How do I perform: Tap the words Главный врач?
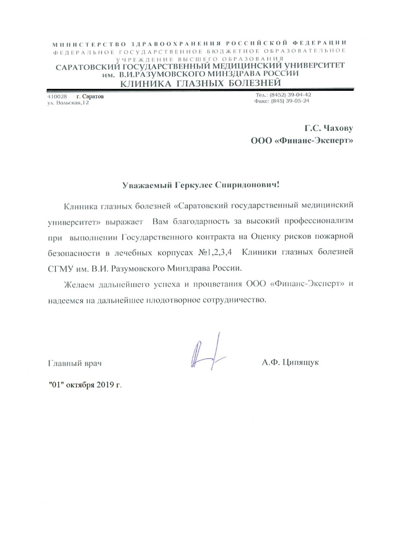[x=74, y=363]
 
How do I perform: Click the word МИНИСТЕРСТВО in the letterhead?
[x=89, y=44]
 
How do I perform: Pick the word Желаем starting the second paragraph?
[x=80, y=284]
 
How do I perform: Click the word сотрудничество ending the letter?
[x=233, y=300]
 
